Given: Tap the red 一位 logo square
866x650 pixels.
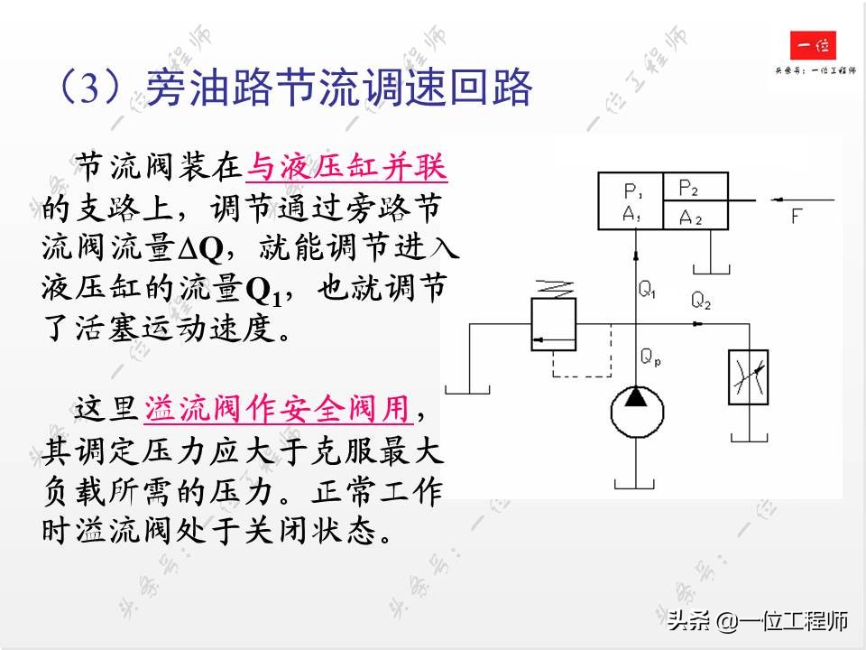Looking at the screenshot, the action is [813, 46].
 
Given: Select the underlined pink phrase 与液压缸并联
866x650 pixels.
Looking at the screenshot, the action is [346, 166].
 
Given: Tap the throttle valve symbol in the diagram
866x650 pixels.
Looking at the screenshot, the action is [747, 377].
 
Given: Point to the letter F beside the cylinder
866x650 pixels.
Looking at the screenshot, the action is [796, 216].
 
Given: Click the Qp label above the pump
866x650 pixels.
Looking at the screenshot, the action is [650, 358].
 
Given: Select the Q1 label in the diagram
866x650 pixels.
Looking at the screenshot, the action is [648, 291].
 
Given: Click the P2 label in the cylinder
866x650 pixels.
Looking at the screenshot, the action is [688, 189].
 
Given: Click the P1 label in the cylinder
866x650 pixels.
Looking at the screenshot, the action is [631, 191].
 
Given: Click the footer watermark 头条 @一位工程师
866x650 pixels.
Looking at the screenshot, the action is [758, 621].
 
